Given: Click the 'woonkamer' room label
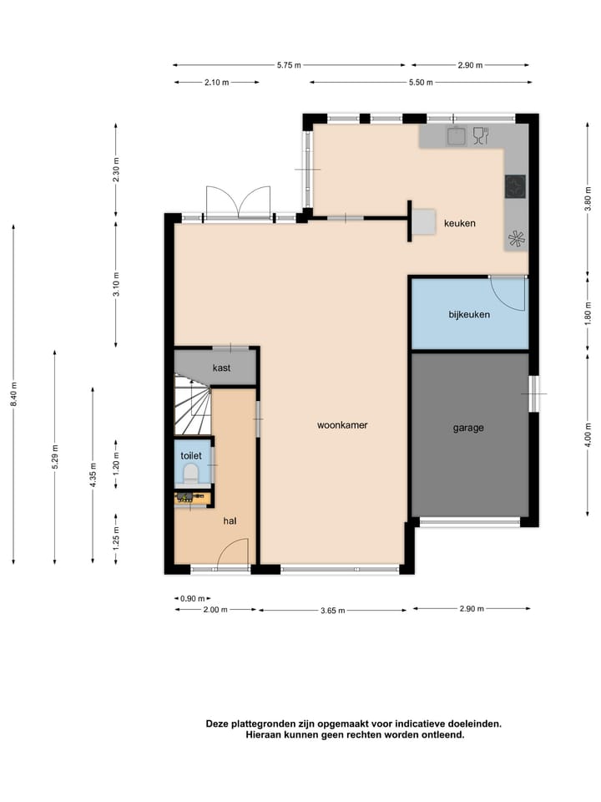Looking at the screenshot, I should tap(342, 425).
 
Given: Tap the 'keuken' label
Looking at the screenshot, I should tap(460, 223).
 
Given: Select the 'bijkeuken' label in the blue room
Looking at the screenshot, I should tap(468, 315).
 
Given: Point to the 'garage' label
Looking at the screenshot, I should tap(468, 428).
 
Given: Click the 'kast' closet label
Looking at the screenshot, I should tap(221, 368).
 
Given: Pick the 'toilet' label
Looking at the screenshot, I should tap(191, 455).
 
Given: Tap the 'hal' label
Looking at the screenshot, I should tap(230, 520).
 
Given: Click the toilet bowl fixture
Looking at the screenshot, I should tap(190, 475).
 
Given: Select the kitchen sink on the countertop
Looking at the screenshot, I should tap(456, 135).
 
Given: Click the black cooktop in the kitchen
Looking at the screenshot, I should tap(516, 186).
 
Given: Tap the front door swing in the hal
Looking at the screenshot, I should tap(234, 553).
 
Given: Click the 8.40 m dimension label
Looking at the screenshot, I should tap(13, 393).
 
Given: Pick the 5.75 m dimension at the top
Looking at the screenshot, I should tap(289, 65).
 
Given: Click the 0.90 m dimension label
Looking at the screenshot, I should tap(192, 598).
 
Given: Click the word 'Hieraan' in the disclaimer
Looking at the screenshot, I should tap(265, 735).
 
